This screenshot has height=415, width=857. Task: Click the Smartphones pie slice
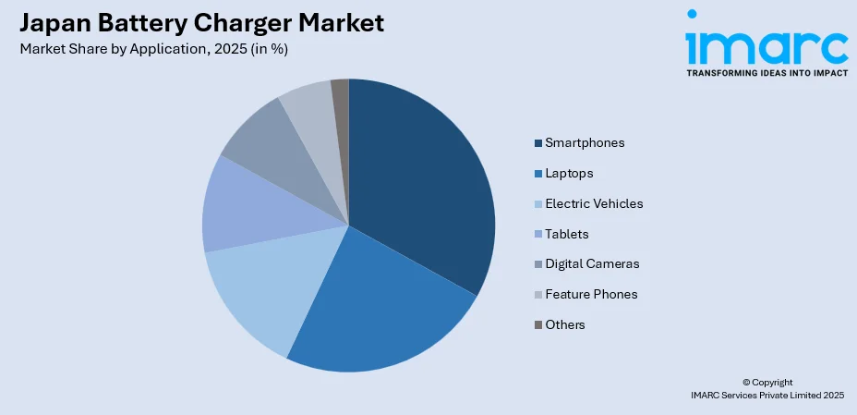pyautogui.click(x=420, y=185)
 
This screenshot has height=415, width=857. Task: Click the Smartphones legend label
pyautogui.click(x=585, y=142)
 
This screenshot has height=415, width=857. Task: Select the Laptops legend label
pyautogui.click(x=569, y=173)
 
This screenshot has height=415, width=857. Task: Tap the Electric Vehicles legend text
pyautogui.click(x=594, y=203)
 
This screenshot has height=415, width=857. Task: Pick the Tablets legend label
pyautogui.click(x=566, y=234)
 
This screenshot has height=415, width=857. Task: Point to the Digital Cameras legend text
pyautogui.click(x=592, y=263)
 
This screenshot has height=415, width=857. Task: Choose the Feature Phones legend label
pyautogui.click(x=591, y=294)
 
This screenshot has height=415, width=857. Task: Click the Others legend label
pyautogui.click(x=564, y=324)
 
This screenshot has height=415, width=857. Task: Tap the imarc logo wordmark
pyautogui.click(x=766, y=44)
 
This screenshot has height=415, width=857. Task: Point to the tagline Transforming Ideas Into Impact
pyautogui.click(x=766, y=73)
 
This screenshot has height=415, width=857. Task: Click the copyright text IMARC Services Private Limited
pyautogui.click(x=767, y=395)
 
